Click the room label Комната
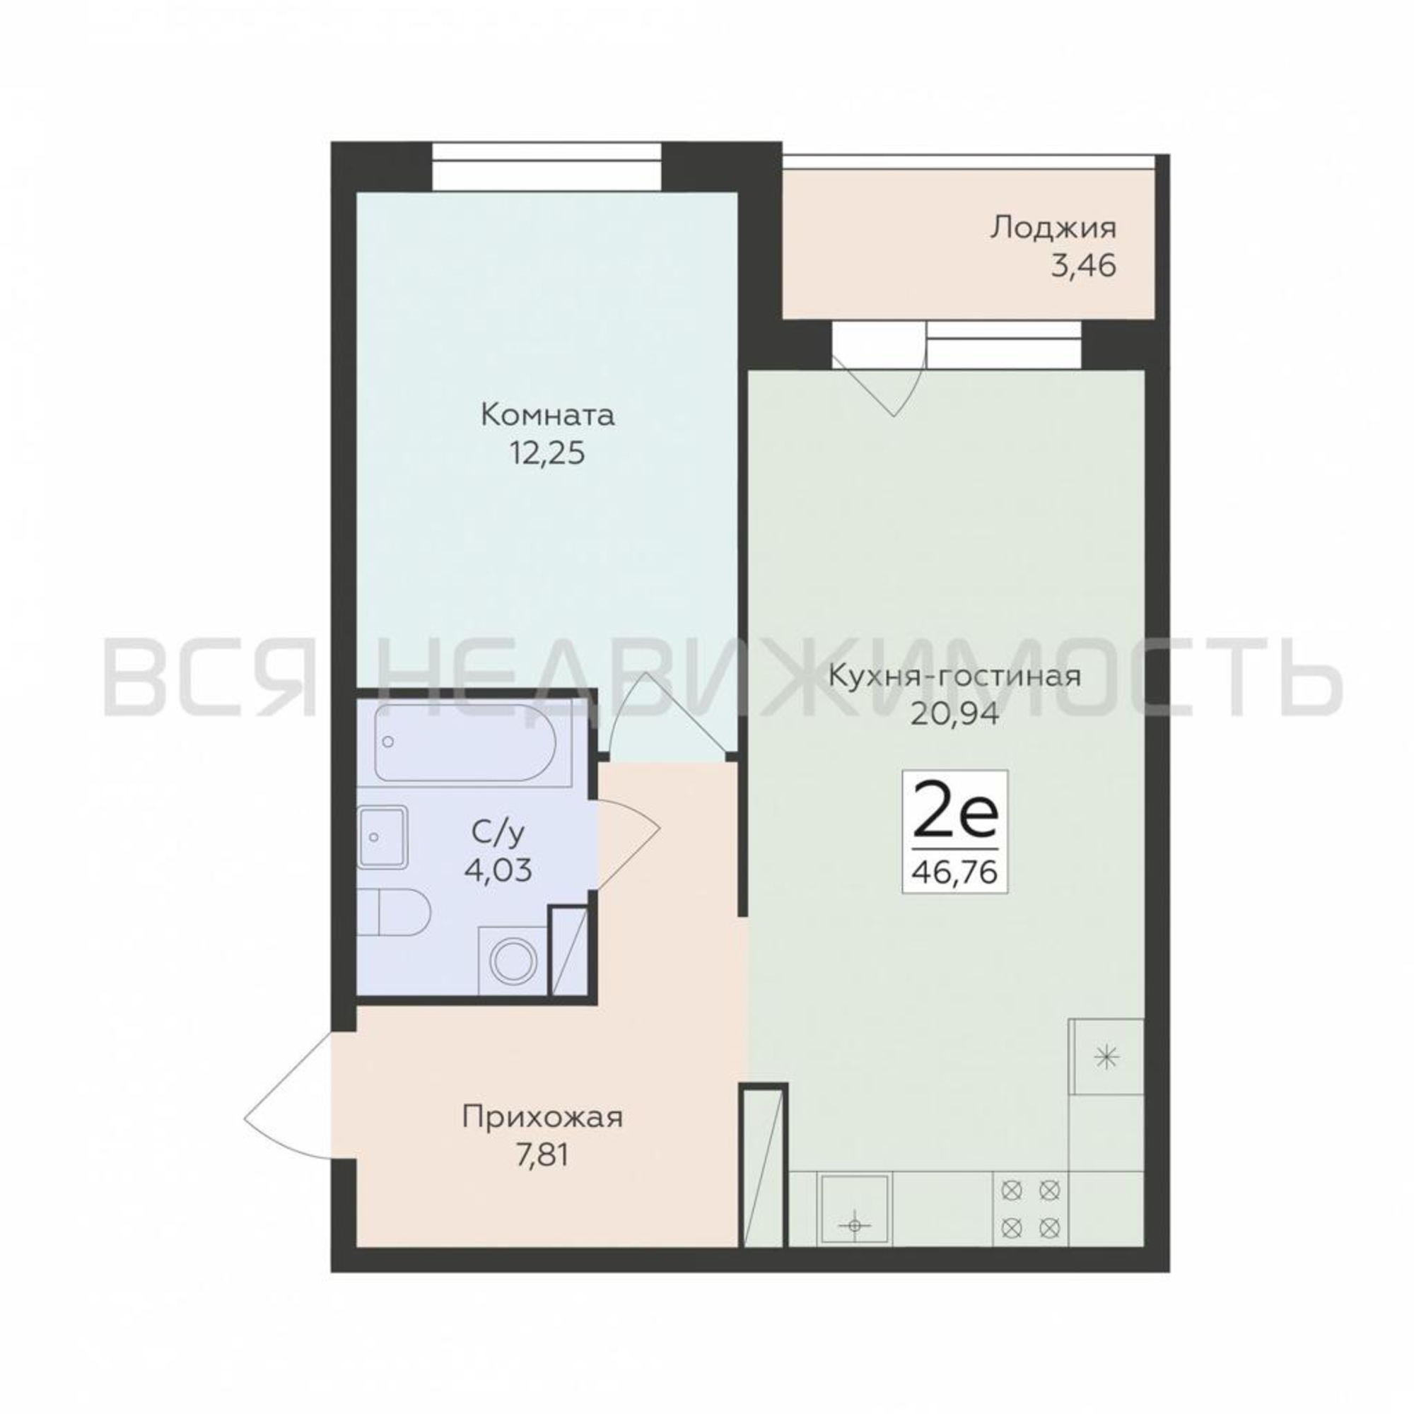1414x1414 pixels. click(x=547, y=416)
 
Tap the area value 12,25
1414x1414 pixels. click(x=547, y=455)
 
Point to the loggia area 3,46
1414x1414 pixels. click(x=1084, y=267)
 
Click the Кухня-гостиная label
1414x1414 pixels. click(x=954, y=675)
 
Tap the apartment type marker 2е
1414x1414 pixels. click(x=955, y=817)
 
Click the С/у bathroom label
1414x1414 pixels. click(x=498, y=832)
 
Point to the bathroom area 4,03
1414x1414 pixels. click(x=498, y=870)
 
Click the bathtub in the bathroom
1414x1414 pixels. click(x=465, y=742)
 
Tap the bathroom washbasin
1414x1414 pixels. click(x=382, y=836)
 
